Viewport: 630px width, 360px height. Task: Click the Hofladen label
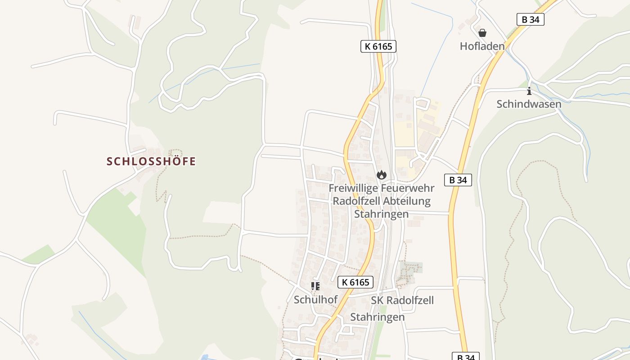click(482, 46)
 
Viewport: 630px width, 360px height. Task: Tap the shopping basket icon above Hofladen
click(482, 33)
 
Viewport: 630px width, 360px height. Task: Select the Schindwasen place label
click(529, 104)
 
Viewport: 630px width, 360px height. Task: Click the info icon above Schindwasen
click(529, 91)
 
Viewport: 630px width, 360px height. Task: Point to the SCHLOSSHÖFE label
click(151, 161)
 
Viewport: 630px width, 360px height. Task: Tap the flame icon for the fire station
click(382, 175)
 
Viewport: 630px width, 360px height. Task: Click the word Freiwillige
click(354, 188)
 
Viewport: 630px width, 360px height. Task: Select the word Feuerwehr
click(408, 188)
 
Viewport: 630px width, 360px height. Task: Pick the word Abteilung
click(408, 201)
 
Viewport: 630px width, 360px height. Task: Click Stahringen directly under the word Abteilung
click(381, 214)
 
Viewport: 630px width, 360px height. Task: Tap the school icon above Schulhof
click(315, 286)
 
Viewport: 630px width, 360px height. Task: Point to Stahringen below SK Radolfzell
click(377, 317)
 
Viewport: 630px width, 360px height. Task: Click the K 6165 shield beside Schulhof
click(355, 282)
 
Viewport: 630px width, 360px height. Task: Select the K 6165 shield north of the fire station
click(378, 46)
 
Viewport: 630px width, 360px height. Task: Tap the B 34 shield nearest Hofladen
click(531, 19)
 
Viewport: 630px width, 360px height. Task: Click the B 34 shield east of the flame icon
click(458, 180)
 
